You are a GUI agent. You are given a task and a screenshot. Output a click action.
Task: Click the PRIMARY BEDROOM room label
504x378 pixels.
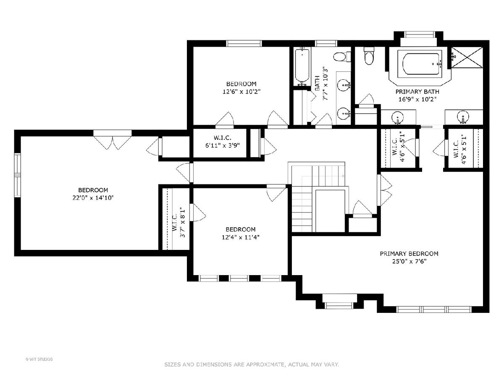tap(409, 254)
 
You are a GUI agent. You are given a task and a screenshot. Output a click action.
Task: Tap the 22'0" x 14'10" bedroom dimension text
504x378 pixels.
tap(93, 198)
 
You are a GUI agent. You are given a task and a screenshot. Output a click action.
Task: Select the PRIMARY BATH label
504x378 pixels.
tap(417, 92)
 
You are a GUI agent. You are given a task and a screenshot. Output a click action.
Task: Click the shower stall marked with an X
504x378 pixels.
tap(467, 58)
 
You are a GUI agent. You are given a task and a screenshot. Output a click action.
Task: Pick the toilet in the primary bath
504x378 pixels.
tap(369, 55)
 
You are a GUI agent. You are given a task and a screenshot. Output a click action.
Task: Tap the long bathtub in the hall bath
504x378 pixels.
tap(302, 66)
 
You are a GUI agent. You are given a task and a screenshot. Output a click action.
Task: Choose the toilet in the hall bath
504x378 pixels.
tap(342, 57)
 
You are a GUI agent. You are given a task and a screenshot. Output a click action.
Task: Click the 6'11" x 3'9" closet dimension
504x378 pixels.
tap(223, 145)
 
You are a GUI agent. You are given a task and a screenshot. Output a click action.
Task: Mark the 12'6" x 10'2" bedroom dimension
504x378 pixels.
tap(241, 92)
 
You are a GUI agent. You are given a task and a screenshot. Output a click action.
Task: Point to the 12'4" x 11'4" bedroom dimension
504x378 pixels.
tap(240, 237)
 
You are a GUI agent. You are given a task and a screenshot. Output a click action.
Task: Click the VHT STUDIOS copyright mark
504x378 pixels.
tap(39, 359)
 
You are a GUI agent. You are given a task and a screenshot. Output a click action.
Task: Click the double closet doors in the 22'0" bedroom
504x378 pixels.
tap(113, 143)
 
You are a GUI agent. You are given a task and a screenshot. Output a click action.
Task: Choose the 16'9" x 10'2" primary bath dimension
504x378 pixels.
tap(417, 100)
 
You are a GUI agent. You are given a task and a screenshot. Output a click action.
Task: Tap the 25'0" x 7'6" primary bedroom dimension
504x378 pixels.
tap(409, 261)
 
